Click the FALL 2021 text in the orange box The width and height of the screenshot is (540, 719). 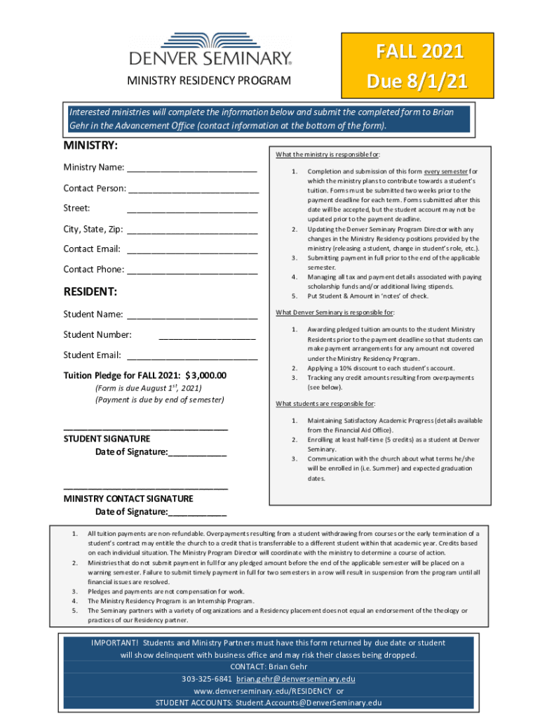click(x=404, y=52)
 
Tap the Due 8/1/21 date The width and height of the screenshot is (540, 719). click(x=404, y=83)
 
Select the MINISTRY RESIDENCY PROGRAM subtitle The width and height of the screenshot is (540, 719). click(x=209, y=80)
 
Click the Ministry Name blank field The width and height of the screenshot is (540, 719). click(x=192, y=169)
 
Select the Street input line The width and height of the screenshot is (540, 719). click(x=192, y=209)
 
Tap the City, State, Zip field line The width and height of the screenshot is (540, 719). click(x=192, y=230)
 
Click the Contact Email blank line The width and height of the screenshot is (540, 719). click(x=192, y=250)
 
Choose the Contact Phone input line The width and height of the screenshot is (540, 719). click(x=192, y=270)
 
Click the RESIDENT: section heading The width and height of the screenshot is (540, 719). click(x=90, y=291)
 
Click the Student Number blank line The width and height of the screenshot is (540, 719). click(x=207, y=336)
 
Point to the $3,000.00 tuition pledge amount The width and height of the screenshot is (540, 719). click(x=206, y=375)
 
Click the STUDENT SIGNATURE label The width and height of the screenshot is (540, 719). click(x=107, y=438)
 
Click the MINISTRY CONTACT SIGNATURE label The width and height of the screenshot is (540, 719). click(x=128, y=499)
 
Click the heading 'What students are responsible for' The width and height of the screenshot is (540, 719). click(x=325, y=404)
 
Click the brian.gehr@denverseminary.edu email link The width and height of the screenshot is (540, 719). click(x=295, y=679)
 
